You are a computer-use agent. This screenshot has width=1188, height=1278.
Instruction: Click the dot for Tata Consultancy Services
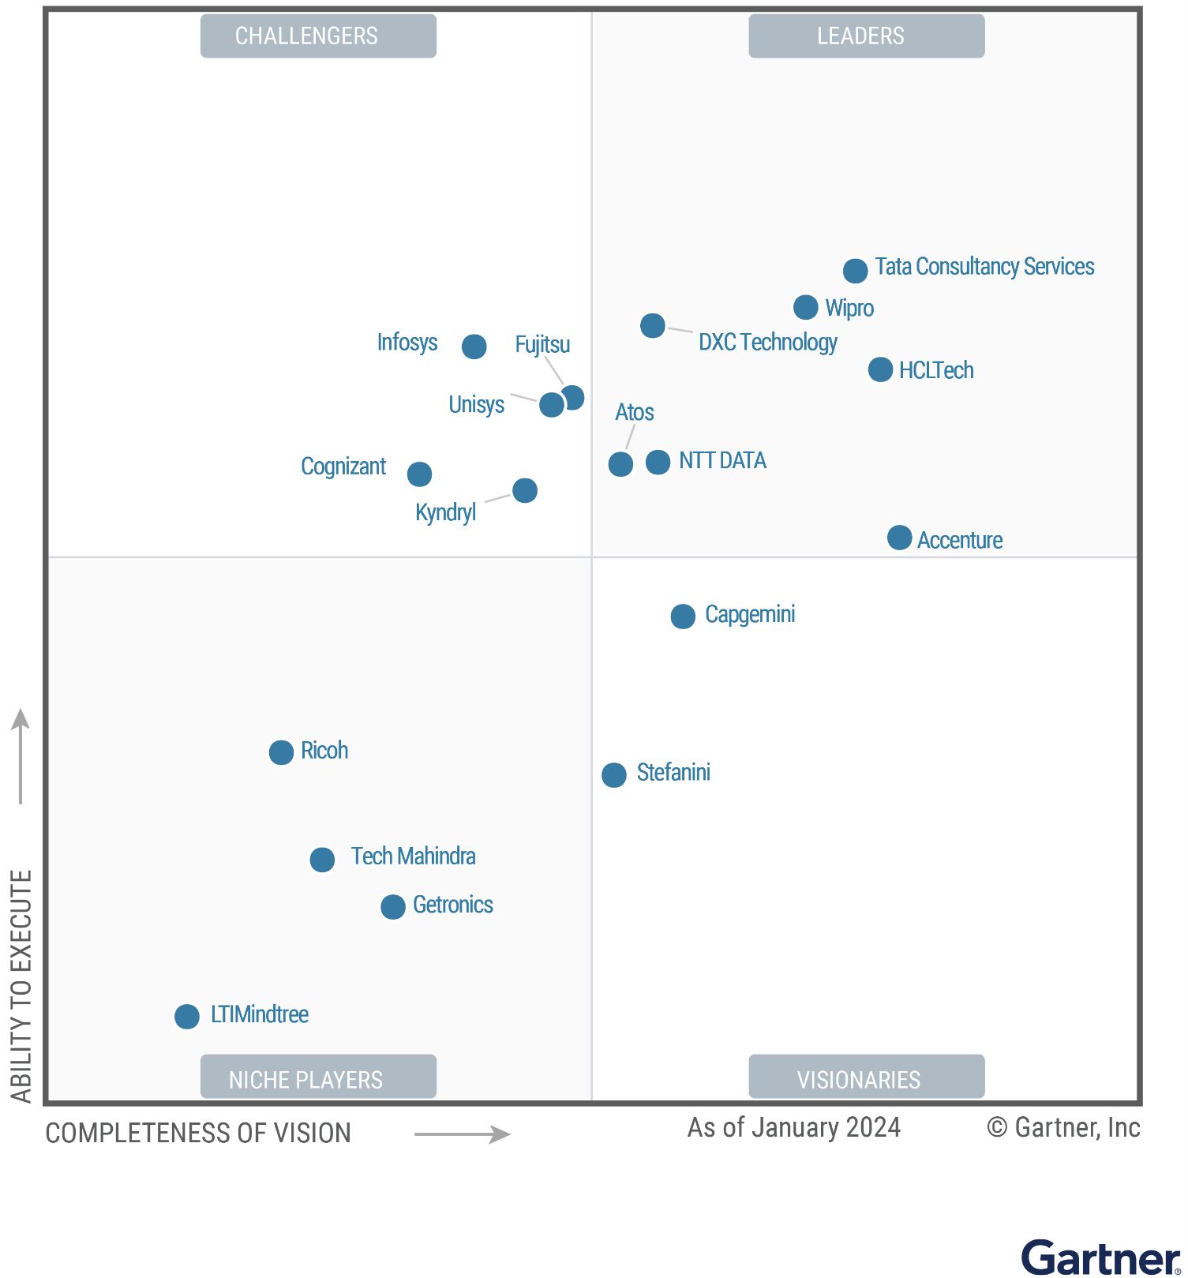pyautogui.click(x=855, y=271)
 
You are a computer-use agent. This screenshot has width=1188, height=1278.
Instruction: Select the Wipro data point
pyautogui.click(x=805, y=307)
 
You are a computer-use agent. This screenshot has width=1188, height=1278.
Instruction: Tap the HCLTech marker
pyautogui.click(x=880, y=369)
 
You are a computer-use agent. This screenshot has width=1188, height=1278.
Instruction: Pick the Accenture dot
pyautogui.click(x=899, y=538)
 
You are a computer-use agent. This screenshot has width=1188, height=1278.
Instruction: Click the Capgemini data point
pyautogui.click(x=683, y=616)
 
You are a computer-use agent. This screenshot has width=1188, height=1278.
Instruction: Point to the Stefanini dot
pyautogui.click(x=613, y=774)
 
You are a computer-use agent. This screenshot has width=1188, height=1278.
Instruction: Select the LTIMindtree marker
pyautogui.click(x=186, y=1016)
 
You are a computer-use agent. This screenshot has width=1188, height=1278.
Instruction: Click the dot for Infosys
pyautogui.click(x=474, y=346)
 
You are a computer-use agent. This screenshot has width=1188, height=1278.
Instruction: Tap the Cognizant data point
pyautogui.click(x=419, y=474)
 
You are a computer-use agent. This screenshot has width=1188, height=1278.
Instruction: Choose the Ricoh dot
pyautogui.click(x=281, y=752)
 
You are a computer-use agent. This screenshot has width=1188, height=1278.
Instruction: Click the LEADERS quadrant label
pyautogui.click(x=866, y=36)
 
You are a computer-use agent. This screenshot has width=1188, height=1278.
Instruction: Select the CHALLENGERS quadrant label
pyautogui.click(x=318, y=36)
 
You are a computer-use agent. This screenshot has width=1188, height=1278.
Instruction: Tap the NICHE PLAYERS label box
pyautogui.click(x=318, y=1077)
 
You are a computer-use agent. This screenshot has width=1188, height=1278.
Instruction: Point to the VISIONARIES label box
pyautogui.click(x=866, y=1077)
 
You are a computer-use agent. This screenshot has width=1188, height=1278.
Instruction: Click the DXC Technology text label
pyautogui.click(x=767, y=343)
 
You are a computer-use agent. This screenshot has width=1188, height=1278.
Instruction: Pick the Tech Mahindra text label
pyautogui.click(x=413, y=856)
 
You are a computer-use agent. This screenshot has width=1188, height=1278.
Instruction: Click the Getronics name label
pyautogui.click(x=452, y=905)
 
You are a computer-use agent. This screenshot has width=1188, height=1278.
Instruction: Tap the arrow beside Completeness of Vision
pyautogui.click(x=463, y=1134)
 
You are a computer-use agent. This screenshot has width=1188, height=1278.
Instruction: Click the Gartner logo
pyautogui.click(x=1100, y=1257)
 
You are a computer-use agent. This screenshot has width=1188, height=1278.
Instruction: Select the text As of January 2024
pyautogui.click(x=793, y=1127)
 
